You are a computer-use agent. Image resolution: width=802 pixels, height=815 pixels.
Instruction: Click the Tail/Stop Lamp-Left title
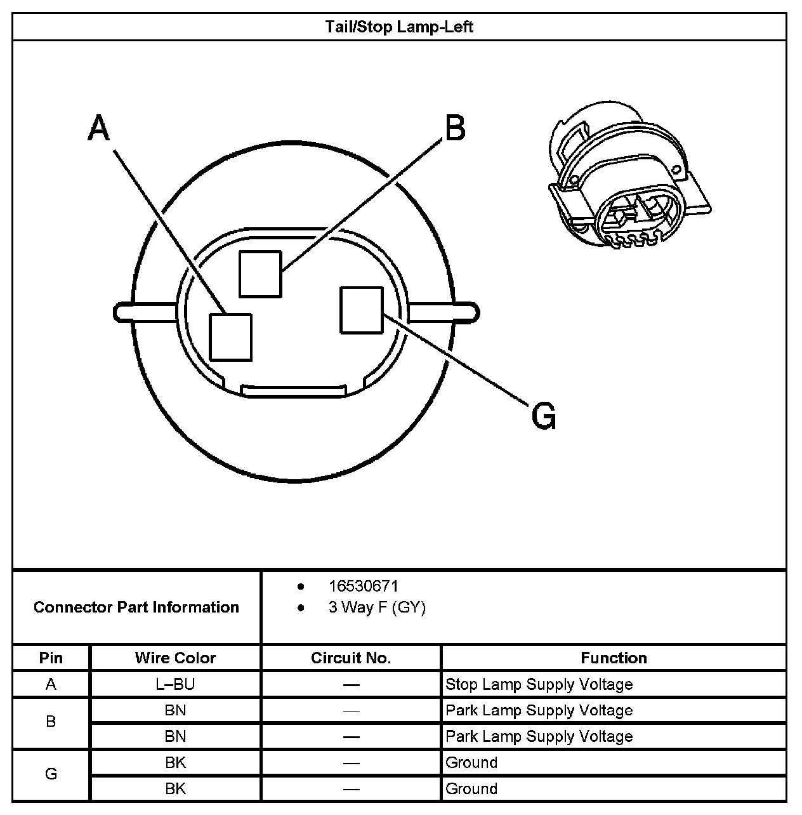pos(399,27)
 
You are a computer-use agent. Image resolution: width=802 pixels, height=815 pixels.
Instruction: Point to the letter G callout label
pos(543,416)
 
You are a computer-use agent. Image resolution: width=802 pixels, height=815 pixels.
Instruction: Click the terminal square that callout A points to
pos(231,337)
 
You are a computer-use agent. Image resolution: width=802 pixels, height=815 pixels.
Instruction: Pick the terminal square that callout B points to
pos(260,274)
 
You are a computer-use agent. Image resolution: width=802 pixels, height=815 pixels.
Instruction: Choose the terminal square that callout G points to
pos(362,310)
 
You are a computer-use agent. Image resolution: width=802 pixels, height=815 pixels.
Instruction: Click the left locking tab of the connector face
pos(145,312)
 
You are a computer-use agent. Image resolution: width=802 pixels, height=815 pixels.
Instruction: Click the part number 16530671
pos(363,586)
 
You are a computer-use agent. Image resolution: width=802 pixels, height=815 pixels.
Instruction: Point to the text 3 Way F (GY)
pos(377,607)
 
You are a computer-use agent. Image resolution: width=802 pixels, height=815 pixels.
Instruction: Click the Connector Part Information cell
pos(136,607)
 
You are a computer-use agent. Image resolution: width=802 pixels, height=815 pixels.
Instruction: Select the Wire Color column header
pos(175,658)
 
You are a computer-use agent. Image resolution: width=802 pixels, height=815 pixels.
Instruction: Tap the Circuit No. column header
pos(351,658)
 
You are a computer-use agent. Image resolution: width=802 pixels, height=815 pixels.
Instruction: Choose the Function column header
pos(614,658)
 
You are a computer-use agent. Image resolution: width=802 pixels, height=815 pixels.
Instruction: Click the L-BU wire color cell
pos(175,684)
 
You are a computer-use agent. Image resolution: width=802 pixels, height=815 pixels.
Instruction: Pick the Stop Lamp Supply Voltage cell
pos(539,684)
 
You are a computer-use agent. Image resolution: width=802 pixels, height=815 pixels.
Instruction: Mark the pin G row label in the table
pos(51,774)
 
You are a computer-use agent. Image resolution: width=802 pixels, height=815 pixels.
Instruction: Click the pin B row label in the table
pos(51,722)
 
